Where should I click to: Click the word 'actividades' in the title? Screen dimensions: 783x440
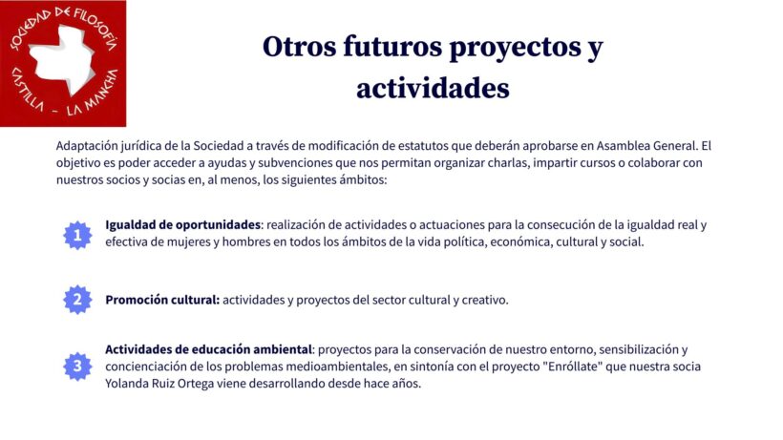[433, 89]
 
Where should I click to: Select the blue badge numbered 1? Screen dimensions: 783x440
[77, 235]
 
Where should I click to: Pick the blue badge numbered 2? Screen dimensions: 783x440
[77, 300]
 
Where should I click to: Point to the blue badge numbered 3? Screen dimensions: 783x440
[77, 367]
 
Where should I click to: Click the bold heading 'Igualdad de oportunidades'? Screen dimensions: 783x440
[182, 225]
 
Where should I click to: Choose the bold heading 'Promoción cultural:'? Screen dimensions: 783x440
[162, 300]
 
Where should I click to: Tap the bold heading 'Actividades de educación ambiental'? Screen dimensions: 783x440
[208, 349]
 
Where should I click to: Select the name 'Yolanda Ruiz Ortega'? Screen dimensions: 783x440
[159, 384]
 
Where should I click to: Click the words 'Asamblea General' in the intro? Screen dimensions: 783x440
[646, 146]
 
